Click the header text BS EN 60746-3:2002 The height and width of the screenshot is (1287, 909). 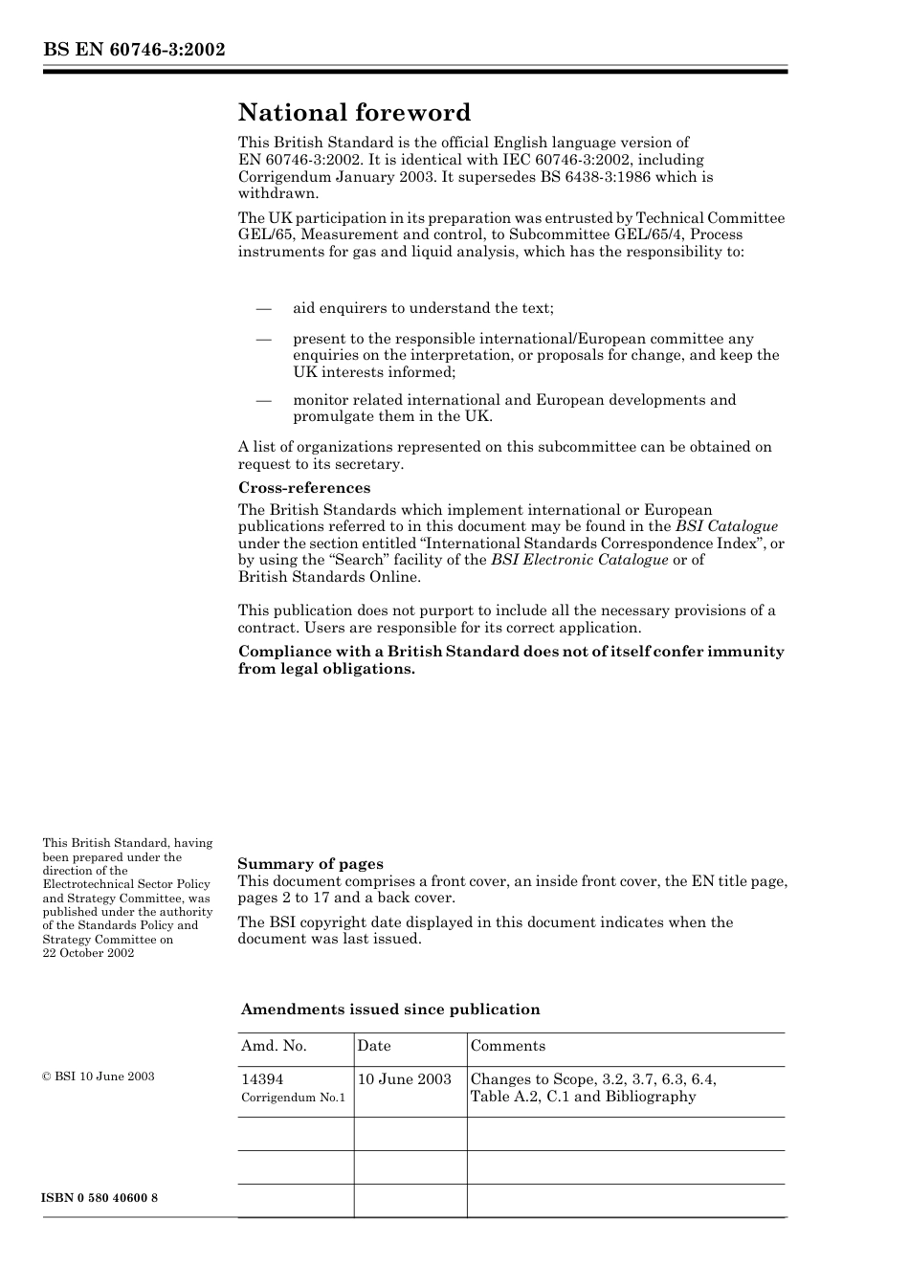[x=134, y=50]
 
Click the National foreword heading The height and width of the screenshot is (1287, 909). [x=354, y=113]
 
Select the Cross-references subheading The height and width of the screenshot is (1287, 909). [x=303, y=488]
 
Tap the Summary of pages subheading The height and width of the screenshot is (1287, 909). [x=310, y=863]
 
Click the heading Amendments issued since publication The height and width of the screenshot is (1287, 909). [x=389, y=1010]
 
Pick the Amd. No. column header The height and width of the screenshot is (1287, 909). [x=274, y=1046]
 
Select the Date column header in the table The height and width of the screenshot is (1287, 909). [x=374, y=1046]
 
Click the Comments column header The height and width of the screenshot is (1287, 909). [x=507, y=1046]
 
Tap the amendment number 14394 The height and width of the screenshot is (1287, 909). [x=262, y=1079]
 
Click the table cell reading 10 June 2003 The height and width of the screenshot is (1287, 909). [x=404, y=1079]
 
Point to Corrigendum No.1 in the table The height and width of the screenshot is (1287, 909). [x=293, y=1098]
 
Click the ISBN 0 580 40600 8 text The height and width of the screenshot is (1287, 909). [x=100, y=1198]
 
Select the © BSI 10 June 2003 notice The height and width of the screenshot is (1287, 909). [x=99, y=1076]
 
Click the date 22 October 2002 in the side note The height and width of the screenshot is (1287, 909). [x=88, y=953]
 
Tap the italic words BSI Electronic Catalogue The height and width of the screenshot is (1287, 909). [x=579, y=560]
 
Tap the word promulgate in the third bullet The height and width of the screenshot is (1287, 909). [x=334, y=416]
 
